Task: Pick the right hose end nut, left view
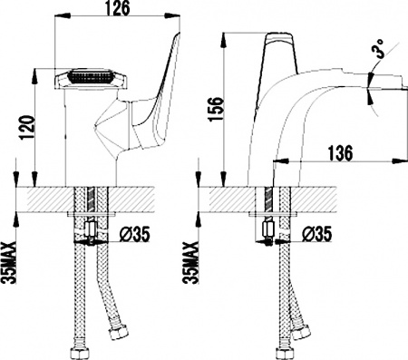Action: pos(117,337)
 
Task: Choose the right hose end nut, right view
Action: pos(300,336)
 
